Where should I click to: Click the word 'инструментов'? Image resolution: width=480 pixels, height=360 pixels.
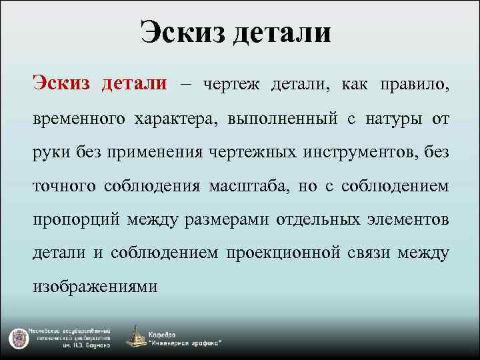pos(359,153)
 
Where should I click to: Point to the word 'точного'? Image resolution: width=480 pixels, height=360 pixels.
pos(64,186)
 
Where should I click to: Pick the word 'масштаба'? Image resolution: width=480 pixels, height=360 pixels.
pos(247,186)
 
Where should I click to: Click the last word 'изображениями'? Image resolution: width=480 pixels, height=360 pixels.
pos(95,287)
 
